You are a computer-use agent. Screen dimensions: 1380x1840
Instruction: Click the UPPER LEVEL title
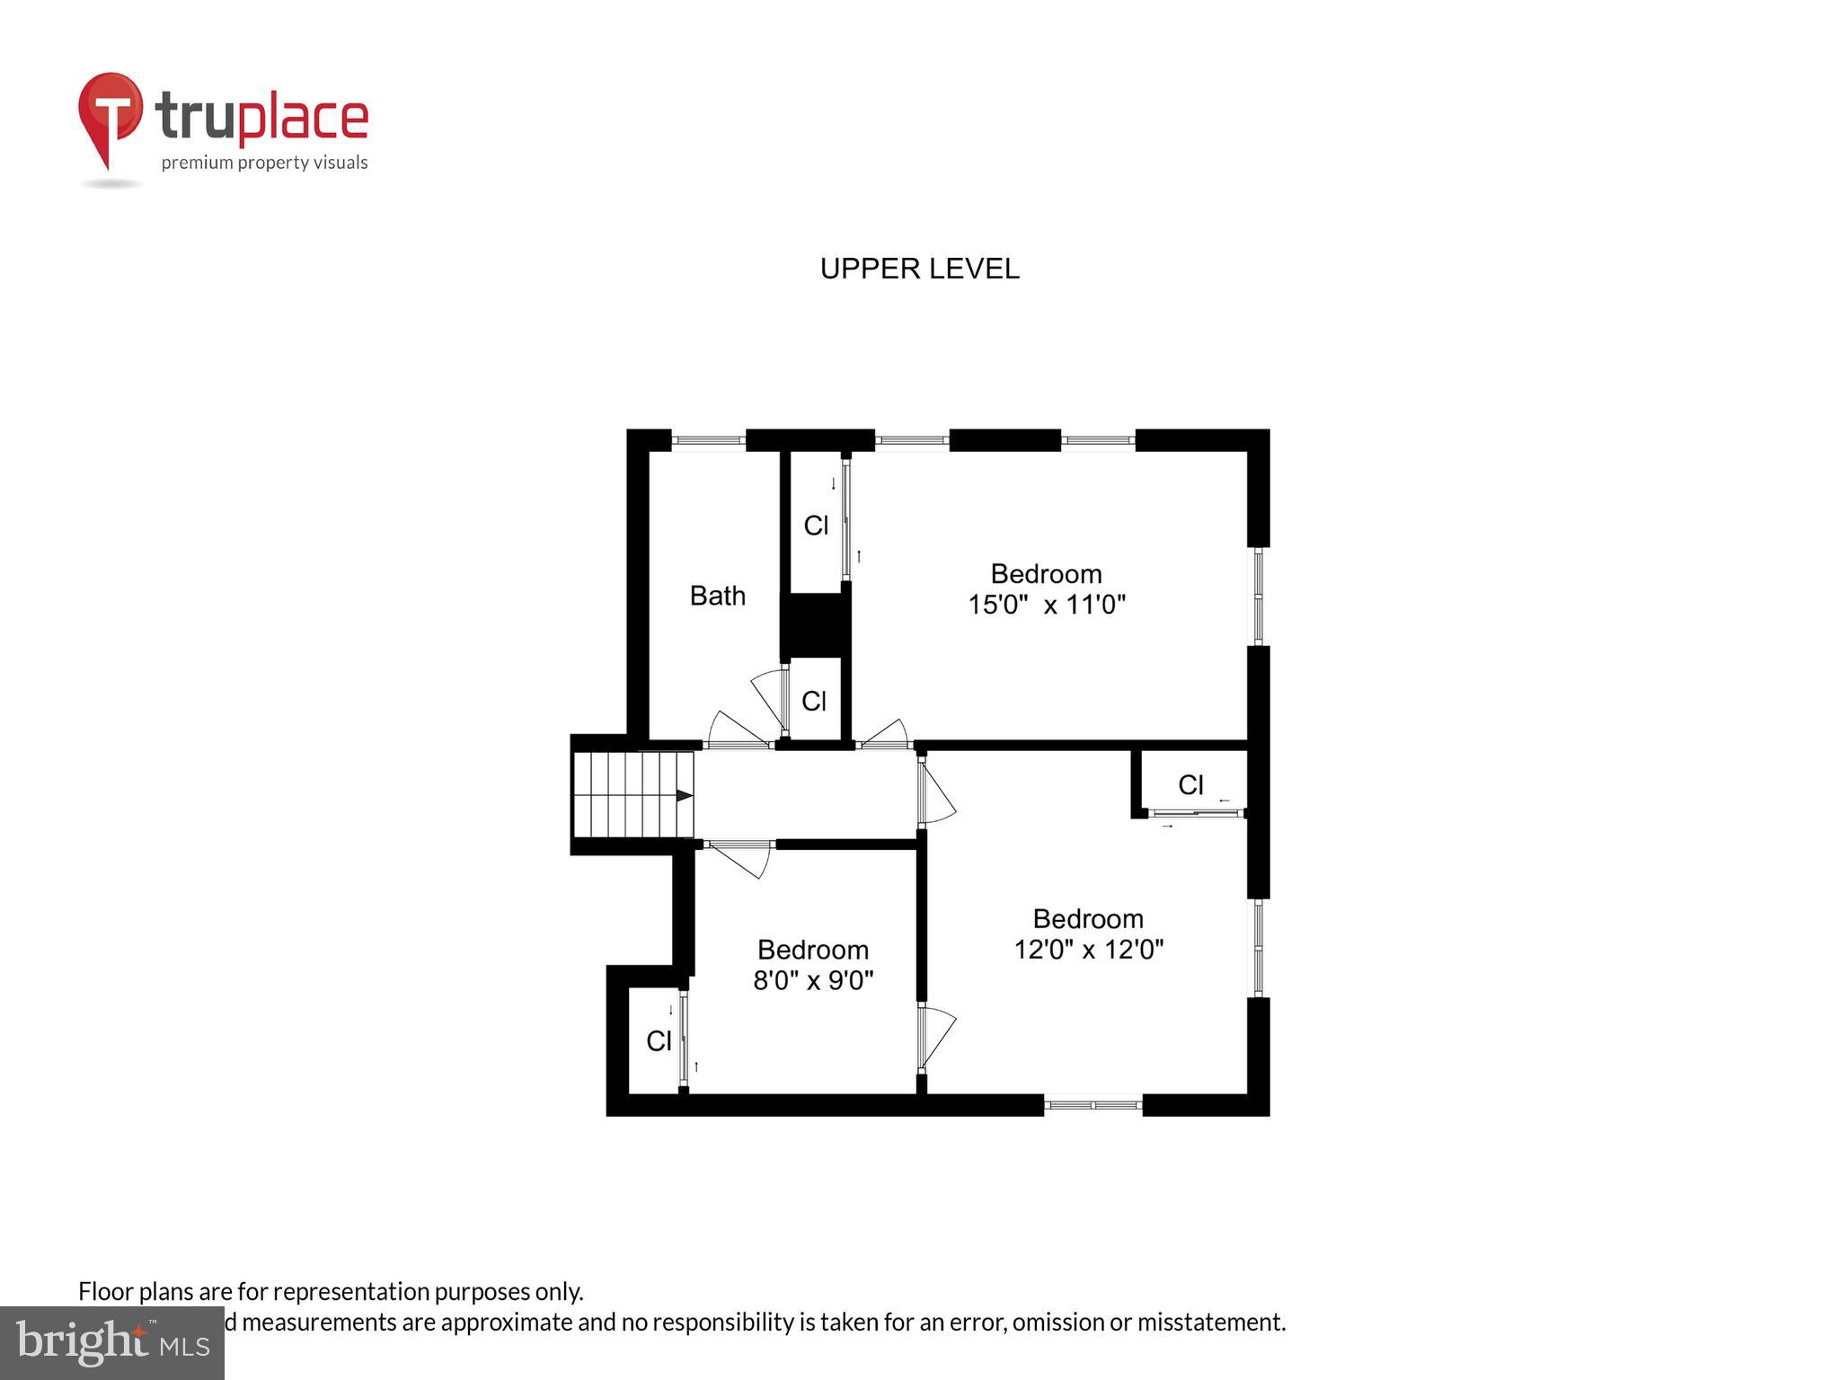(919, 269)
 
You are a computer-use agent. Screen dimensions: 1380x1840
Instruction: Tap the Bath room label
(717, 596)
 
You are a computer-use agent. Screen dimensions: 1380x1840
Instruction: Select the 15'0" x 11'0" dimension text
(1046, 605)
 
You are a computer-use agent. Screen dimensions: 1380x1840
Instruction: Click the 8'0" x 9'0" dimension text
(813, 980)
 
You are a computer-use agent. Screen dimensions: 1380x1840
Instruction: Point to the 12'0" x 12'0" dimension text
(1088, 950)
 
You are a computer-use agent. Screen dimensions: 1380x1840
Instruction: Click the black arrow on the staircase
(684, 795)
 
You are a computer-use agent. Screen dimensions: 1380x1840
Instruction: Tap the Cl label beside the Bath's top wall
(816, 526)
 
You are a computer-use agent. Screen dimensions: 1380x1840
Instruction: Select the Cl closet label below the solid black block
(814, 701)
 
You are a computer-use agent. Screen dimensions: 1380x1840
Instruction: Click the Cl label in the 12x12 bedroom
(1190, 785)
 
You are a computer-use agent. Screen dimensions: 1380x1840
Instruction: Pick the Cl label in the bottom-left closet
(659, 1041)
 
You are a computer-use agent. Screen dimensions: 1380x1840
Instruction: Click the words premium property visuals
(264, 163)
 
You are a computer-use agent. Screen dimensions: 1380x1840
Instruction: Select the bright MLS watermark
(111, 1343)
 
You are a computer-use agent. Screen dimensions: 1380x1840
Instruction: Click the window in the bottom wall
(1092, 1105)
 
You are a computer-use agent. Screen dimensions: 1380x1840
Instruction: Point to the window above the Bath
(709, 440)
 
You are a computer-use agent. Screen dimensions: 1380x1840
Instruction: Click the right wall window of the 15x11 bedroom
(1259, 596)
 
